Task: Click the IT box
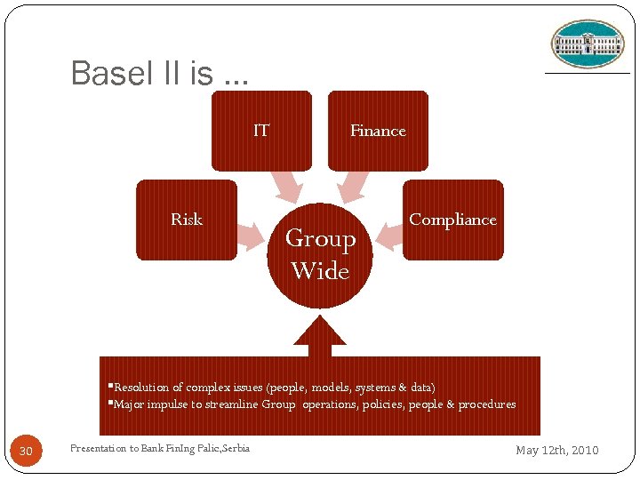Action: [261, 131]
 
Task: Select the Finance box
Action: [378, 131]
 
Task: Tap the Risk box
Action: [187, 220]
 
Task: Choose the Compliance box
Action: [452, 220]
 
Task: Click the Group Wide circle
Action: [320, 255]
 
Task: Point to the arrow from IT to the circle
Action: [287, 186]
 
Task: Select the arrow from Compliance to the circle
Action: [388, 235]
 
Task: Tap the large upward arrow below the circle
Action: [319, 334]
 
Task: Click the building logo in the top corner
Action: [588, 44]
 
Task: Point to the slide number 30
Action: [26, 452]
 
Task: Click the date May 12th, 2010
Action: [557, 451]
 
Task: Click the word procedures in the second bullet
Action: [487, 404]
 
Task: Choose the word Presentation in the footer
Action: [98, 448]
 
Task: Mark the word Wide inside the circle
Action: [320, 271]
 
